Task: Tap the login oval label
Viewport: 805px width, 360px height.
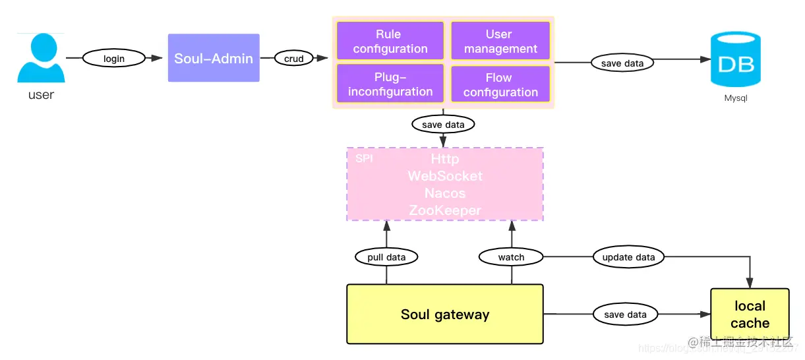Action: coord(114,59)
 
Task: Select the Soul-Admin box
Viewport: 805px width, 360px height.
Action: coord(214,58)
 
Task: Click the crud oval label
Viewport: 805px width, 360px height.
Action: coord(293,59)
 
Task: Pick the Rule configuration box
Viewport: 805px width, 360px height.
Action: coord(390,41)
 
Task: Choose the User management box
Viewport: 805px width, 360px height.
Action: coord(500,41)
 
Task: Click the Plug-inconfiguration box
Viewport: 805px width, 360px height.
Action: coord(390,84)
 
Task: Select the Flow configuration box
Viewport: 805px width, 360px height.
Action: coord(500,84)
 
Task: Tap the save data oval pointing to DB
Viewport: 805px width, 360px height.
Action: coord(622,63)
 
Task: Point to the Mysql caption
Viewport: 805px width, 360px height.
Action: coord(736,98)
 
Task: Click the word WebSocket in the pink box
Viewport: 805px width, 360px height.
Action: coord(445,176)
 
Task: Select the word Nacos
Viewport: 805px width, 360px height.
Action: coord(445,193)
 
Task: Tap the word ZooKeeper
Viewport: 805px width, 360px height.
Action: coord(445,210)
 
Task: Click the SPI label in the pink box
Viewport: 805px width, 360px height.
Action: coord(364,159)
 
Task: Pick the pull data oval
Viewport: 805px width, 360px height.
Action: coord(386,257)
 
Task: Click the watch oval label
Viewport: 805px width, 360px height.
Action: coord(511,257)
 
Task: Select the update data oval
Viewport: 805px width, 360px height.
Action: coord(628,257)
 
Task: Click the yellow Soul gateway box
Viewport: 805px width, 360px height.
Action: coord(445,315)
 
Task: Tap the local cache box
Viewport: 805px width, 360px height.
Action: coord(750,315)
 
